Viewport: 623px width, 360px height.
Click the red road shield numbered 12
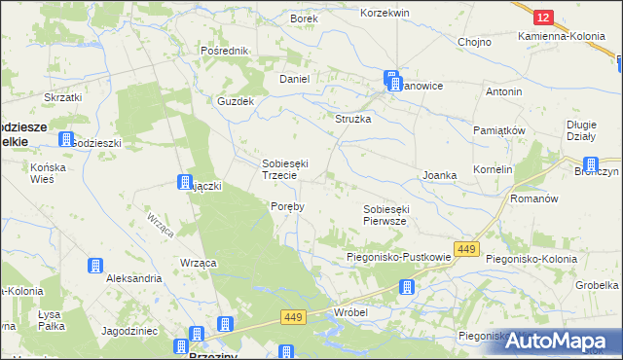click(544, 17)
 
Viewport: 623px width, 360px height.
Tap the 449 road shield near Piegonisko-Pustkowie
click(466, 250)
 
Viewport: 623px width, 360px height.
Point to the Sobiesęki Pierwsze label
click(390, 215)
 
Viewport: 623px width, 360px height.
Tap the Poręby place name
click(287, 206)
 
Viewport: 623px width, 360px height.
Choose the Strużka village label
click(354, 118)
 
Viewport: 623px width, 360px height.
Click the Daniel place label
click(294, 79)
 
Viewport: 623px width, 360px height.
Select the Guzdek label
click(236, 101)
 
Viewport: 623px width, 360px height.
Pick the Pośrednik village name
click(225, 50)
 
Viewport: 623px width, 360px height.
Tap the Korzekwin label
click(385, 13)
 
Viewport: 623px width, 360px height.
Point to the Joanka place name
click(439, 175)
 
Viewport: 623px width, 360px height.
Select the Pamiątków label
click(499, 129)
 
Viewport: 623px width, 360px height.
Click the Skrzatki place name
click(62, 97)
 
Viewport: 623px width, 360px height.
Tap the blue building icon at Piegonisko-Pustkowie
click(407, 286)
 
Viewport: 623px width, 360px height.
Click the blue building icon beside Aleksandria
click(94, 266)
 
